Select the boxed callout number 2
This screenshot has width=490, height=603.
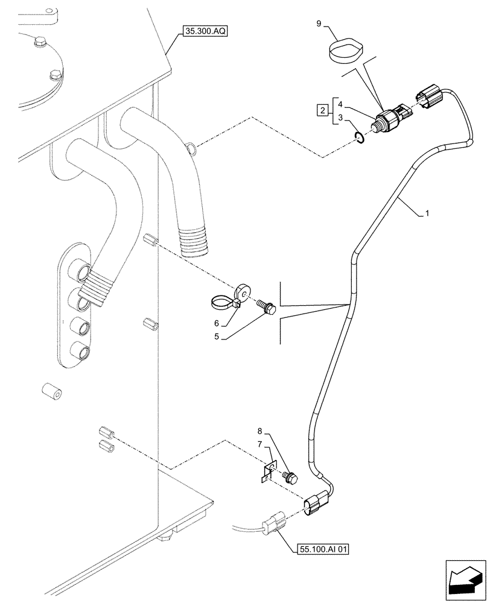(x=323, y=110)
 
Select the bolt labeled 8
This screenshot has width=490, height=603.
(x=291, y=478)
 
